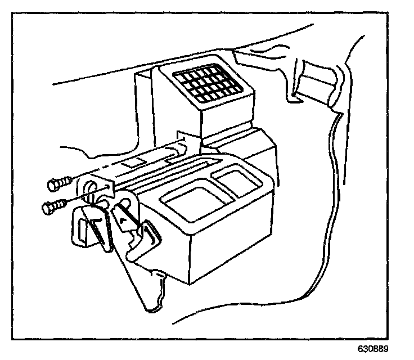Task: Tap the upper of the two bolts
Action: point(60,182)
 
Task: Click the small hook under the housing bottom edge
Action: point(161,276)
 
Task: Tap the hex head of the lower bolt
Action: point(47,209)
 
